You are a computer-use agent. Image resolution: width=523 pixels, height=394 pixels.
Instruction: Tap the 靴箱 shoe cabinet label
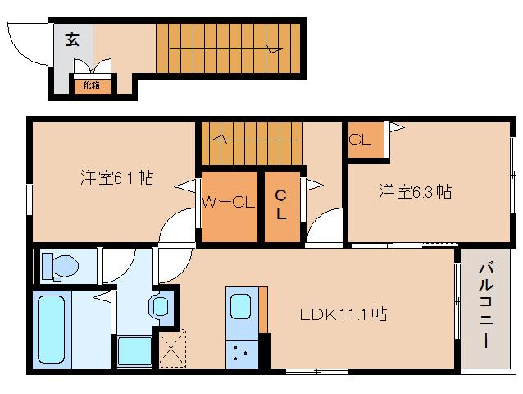click(x=87, y=84)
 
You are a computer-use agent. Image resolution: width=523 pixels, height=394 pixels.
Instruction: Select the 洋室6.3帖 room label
click(x=415, y=192)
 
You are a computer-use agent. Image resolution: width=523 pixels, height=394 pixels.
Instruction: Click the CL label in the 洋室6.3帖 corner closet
click(x=360, y=140)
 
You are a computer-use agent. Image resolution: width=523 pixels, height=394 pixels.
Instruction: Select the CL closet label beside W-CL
click(x=280, y=205)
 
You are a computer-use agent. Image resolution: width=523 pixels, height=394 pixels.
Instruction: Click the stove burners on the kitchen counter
click(x=241, y=355)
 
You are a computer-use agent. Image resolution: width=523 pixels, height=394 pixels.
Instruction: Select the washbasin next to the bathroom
click(x=158, y=306)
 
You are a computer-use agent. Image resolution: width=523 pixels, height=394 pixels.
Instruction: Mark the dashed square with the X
click(x=173, y=349)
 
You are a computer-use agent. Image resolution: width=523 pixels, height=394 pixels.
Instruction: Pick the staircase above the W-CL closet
click(x=249, y=142)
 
